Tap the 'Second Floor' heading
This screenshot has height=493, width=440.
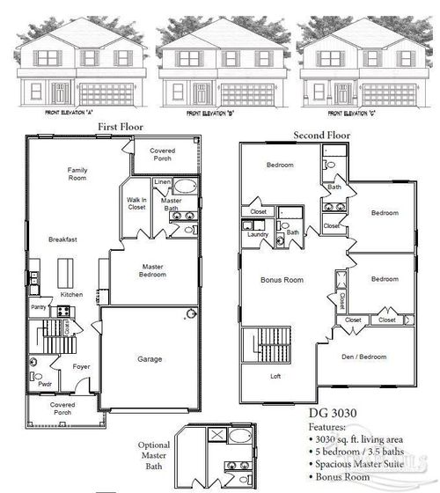(321, 136)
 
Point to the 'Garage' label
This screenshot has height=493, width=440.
(150, 358)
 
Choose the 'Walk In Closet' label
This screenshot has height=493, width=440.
(136, 203)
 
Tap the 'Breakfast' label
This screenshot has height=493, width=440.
(62, 239)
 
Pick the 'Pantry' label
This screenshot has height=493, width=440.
(39, 307)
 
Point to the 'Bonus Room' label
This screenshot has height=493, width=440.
(282, 279)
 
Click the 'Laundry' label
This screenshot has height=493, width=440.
(258, 234)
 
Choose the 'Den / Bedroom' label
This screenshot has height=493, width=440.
(364, 357)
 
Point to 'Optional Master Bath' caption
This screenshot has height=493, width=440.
(154, 455)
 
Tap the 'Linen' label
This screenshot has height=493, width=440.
(162, 182)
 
